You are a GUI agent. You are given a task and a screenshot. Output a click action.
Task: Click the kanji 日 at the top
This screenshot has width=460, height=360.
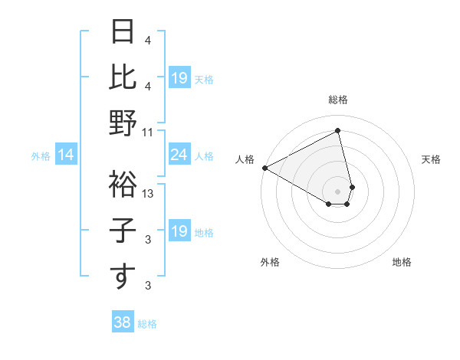coord(123,33)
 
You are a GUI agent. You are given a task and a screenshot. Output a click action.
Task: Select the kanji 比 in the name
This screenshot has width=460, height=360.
coord(123,77)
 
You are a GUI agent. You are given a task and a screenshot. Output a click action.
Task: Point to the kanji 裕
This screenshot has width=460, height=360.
coord(123,184)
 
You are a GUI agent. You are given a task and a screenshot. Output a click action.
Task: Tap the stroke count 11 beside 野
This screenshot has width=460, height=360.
coord(148,133)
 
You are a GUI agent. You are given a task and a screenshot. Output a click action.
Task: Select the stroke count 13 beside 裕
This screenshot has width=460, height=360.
coord(148,194)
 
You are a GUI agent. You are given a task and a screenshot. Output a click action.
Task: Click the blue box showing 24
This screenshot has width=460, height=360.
coord(179,155)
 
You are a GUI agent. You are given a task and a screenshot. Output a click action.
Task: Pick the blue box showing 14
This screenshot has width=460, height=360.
coord(65,155)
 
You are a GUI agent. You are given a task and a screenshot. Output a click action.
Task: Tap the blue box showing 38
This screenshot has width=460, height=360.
coord(123,323)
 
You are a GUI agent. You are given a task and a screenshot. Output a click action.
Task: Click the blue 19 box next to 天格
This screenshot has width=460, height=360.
coord(179,78)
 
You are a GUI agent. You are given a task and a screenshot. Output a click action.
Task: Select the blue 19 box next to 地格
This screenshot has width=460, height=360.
coord(179,231)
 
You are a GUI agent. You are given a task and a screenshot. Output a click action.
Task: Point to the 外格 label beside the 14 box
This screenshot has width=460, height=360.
coord(41,156)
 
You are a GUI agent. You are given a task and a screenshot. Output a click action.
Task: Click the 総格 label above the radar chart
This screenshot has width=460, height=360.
coord(338,100)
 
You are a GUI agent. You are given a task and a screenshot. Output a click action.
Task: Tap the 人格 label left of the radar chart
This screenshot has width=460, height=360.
coord(245,159)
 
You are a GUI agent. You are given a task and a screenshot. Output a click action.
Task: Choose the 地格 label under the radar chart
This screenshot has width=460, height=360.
coord(402,262)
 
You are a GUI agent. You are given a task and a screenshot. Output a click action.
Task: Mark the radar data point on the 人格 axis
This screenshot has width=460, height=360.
coord(264,167)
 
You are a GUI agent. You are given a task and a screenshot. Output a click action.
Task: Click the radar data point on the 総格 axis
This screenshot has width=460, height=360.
coord(338,131)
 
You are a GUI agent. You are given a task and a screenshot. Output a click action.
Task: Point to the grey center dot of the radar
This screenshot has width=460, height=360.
coord(338,191)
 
